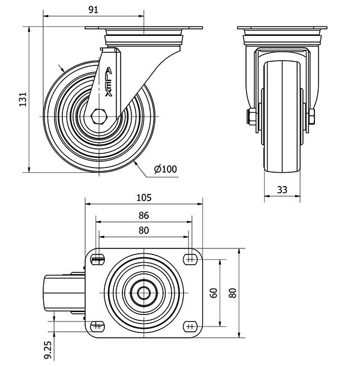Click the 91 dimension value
pyautogui.click(x=94, y=10)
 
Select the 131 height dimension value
pyautogui.click(x=23, y=100)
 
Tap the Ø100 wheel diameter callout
pyautogui.click(x=166, y=169)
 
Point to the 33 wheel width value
pyautogui.click(x=282, y=190)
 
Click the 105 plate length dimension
pyautogui.click(x=144, y=198)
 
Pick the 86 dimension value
pyautogui.click(x=143, y=215)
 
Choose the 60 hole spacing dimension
pyautogui.click(x=214, y=293)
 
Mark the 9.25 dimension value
pyautogui.click(x=47, y=350)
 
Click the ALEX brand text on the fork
pyautogui.click(x=109, y=82)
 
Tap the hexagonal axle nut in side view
pyautogui.click(x=99, y=116)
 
